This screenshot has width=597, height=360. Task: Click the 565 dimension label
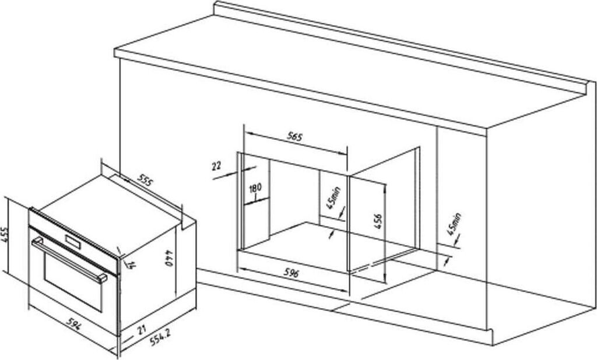[x=294, y=138]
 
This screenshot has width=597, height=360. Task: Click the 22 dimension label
[x=217, y=166]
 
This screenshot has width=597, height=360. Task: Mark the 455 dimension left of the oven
[x=6, y=236]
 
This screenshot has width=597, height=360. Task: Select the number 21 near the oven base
[x=141, y=330]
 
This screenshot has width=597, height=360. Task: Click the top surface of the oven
[x=111, y=210]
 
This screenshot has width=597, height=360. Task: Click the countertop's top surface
[x=350, y=70]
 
